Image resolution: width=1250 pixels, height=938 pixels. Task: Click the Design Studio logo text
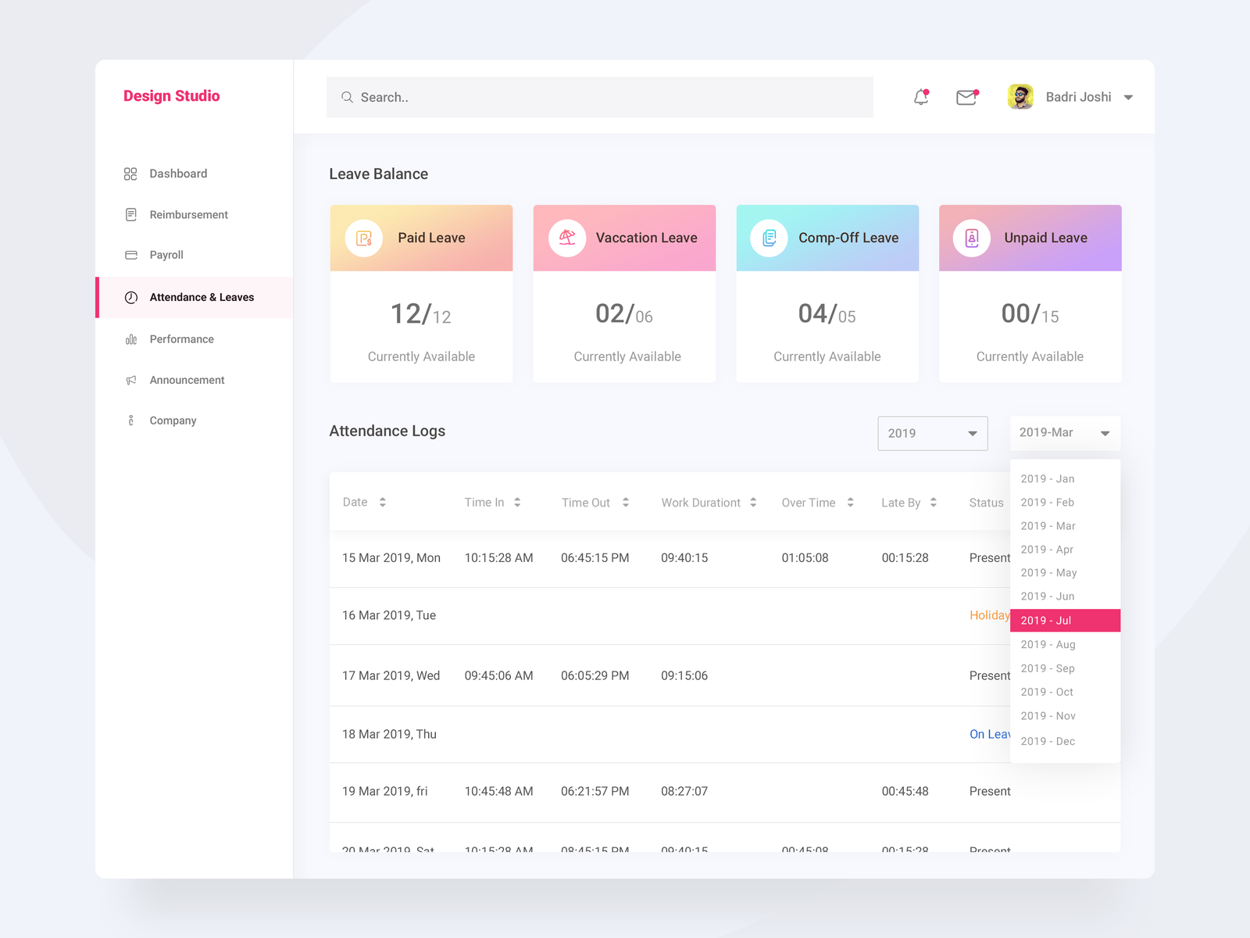171,96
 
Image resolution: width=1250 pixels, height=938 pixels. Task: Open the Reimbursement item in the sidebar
188,215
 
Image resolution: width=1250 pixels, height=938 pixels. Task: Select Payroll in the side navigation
166,255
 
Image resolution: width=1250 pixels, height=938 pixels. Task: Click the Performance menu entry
181,339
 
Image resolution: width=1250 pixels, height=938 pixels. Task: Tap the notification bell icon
921,97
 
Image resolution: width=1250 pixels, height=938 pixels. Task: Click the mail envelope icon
966,97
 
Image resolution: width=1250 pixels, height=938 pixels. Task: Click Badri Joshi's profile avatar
1020,97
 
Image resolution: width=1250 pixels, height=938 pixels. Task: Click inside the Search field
599,98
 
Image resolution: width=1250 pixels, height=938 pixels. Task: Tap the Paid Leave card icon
364,238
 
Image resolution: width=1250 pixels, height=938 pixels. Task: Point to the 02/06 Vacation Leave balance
623,314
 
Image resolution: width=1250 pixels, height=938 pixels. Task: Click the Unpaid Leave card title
1045,238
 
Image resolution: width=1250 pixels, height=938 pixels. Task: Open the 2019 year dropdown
932,433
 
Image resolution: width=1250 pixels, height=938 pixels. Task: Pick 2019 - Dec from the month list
1048,741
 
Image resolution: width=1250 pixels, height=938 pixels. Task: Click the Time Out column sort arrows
626,503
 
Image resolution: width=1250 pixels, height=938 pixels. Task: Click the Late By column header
901,503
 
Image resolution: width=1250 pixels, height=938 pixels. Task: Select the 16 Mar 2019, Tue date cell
389,616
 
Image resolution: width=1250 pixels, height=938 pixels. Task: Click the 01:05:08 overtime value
805,558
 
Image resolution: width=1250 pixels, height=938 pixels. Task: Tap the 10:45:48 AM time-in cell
498,792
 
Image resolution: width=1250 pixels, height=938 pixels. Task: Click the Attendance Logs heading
387,431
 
